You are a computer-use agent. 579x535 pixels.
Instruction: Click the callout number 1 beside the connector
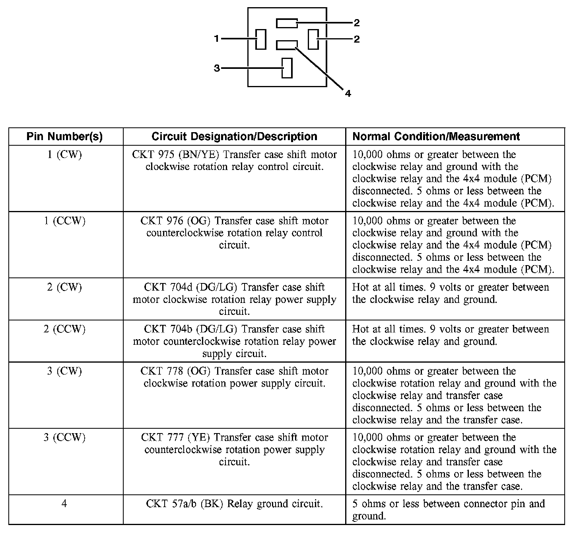216,39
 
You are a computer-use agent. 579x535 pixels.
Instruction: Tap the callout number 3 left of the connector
217,68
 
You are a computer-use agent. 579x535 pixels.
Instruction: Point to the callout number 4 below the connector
348,94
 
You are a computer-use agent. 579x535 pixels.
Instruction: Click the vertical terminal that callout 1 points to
261,39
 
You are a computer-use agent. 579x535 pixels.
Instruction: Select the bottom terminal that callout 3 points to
287,68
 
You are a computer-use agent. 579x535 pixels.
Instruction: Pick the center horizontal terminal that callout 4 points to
287,45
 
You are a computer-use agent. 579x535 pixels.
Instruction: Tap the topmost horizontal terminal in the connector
287,23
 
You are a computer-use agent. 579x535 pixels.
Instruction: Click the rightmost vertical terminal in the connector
313,39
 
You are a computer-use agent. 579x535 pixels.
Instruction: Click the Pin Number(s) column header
65,137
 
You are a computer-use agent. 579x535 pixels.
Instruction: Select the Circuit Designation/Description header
234,137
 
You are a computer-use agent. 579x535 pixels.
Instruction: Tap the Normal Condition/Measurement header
436,137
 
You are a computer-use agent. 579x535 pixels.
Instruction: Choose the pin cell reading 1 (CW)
65,154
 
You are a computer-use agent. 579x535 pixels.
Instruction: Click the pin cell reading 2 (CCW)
65,329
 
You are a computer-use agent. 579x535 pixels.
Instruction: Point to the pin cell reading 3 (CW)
65,371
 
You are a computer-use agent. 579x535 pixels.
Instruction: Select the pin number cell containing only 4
64,504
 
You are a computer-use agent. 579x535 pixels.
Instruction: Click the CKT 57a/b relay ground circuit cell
234,504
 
